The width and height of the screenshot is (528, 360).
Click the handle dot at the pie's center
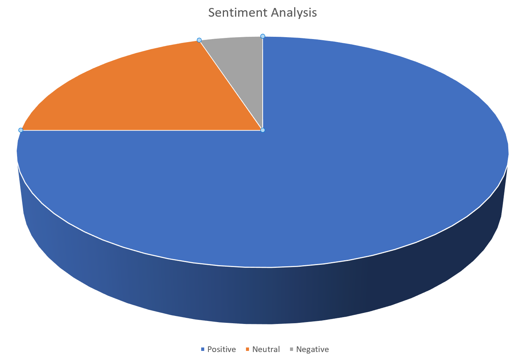tap(263, 130)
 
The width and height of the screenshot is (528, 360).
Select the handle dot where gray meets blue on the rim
tap(263, 36)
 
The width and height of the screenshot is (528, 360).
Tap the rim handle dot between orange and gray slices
tap(199, 40)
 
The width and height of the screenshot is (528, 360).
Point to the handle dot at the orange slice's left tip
tap(21, 130)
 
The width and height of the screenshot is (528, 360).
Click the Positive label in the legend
tap(221, 349)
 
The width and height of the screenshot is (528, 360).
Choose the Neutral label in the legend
tap(266, 349)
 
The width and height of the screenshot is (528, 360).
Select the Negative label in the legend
tap(312, 349)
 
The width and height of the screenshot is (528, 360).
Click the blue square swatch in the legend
tap(203, 349)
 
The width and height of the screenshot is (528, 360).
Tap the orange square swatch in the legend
tap(247, 349)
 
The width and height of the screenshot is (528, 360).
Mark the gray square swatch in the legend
tap(292, 349)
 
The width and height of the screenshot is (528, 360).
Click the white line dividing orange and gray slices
tap(231, 85)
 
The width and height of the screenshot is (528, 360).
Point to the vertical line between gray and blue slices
tap(263, 83)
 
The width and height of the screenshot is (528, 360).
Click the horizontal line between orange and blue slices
tap(140, 130)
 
